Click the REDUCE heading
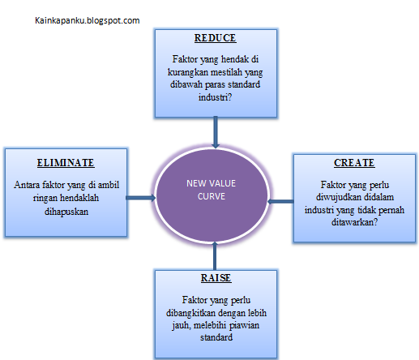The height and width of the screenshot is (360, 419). click(216, 38)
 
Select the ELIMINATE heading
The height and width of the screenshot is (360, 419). click(66, 163)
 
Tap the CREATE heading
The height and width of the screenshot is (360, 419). click(354, 163)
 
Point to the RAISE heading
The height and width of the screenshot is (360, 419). click(216, 278)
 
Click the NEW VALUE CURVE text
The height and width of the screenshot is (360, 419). click(211, 190)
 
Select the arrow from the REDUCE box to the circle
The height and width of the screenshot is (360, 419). click(216, 132)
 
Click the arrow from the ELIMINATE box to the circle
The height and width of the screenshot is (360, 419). click(141, 198)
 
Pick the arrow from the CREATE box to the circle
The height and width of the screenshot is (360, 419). click(280, 201)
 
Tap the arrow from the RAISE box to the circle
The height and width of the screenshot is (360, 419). click(215, 255)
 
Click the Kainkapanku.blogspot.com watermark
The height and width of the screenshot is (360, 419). click(88, 20)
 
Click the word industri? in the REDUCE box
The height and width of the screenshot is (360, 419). click(215, 97)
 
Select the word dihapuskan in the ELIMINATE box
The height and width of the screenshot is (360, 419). click(66, 212)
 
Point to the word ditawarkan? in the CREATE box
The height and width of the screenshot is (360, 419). click(354, 222)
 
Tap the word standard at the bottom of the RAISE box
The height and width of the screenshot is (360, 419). click(216, 337)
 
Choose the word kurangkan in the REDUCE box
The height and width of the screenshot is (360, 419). click(188, 72)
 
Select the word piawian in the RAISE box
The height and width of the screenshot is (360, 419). click(244, 325)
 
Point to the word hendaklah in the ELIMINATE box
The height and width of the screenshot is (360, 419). click(79, 198)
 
